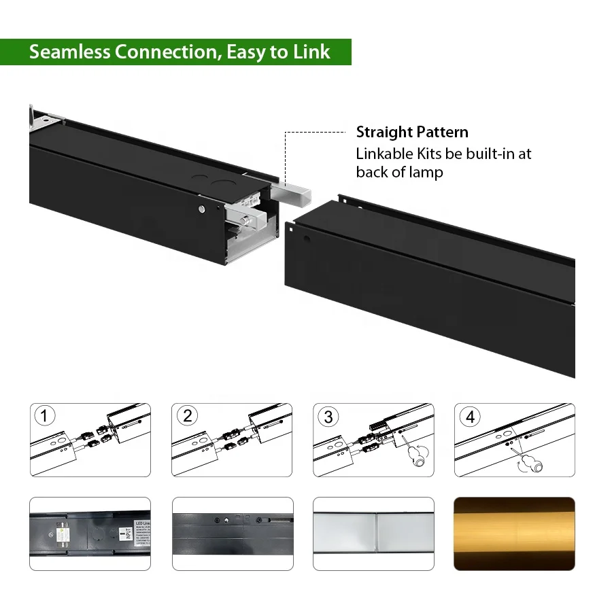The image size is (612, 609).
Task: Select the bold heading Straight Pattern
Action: point(412,132)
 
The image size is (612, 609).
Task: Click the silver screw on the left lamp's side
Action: point(202,208)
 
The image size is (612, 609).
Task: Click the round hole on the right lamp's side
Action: point(307,239)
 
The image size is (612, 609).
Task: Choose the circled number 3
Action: point(328,417)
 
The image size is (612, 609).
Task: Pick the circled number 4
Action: point(469,417)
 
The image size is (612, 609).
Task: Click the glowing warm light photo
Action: point(514,534)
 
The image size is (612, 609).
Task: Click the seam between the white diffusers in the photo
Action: point(373,534)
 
